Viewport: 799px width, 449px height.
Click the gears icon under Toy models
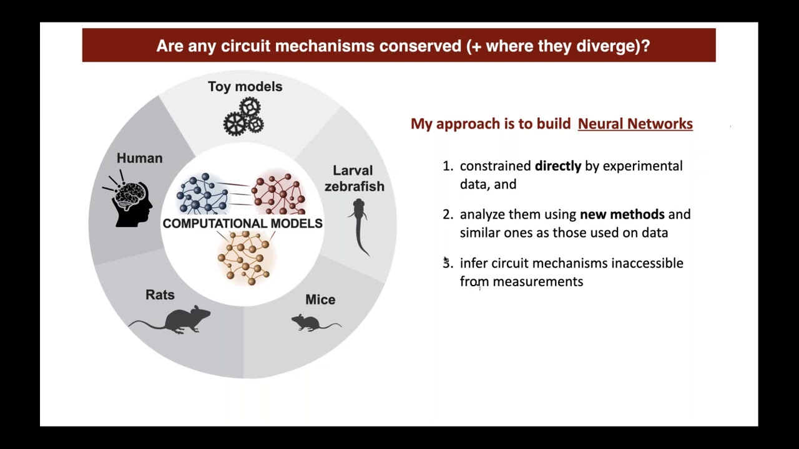coord(244,117)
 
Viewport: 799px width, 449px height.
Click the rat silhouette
coord(171,320)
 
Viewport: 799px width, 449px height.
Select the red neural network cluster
coord(279,193)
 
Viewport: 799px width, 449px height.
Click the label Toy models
coord(245,87)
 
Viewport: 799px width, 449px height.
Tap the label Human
coord(139,158)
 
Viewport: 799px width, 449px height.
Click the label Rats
coord(160,295)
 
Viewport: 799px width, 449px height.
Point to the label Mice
coord(320,300)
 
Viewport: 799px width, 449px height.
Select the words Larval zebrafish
coord(354,178)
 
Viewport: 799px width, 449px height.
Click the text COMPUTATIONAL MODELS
coord(242,223)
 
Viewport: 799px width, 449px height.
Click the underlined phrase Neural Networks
coord(635,123)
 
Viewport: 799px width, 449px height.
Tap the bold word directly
coord(557,166)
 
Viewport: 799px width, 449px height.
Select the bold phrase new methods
coord(622,215)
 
